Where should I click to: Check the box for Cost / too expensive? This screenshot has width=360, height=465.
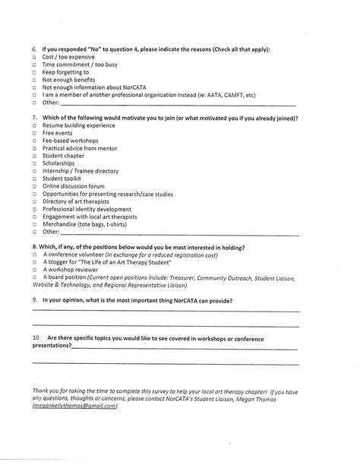click(34, 57)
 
